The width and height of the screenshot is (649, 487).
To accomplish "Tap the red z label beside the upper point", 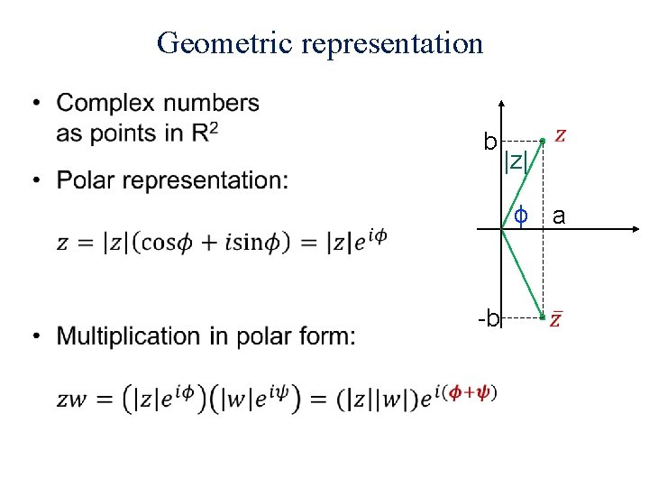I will [x=561, y=136].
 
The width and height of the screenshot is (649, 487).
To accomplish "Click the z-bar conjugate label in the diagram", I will [x=557, y=319].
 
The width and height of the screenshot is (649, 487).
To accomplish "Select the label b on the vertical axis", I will [x=489, y=142].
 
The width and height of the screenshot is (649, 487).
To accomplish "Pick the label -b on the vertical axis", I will [x=488, y=318].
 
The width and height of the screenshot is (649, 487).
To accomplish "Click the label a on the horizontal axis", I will [x=559, y=216].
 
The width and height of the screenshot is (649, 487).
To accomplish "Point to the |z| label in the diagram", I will [x=516, y=162].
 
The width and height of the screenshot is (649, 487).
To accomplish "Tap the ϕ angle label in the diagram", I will [x=520, y=216].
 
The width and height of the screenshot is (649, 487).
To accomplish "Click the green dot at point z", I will [x=542, y=141].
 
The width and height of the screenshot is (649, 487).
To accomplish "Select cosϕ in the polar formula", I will [x=164, y=243].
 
